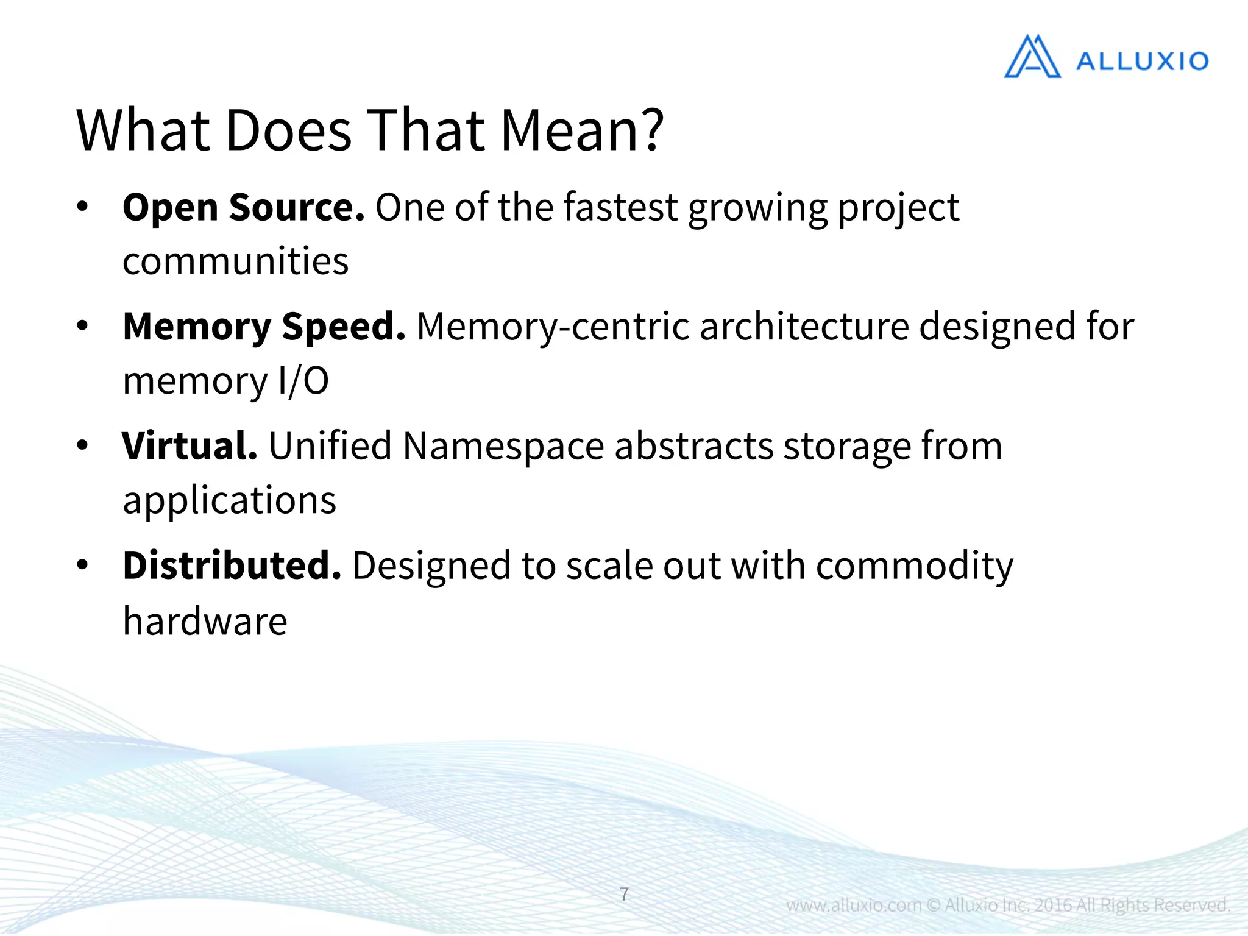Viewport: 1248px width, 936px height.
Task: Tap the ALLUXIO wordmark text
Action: point(1142,61)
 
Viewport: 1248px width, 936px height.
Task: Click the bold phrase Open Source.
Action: point(243,207)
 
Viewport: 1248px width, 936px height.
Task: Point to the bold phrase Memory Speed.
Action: point(264,327)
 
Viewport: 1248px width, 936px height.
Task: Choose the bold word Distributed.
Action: point(232,565)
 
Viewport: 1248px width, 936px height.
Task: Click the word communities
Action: point(235,261)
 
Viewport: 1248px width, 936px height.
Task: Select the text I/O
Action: point(303,381)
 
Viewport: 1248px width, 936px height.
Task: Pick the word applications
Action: point(229,500)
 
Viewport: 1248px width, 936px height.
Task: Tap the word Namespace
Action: point(503,447)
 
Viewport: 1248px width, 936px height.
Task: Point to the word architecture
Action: point(804,327)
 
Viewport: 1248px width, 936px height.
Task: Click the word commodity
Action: point(914,567)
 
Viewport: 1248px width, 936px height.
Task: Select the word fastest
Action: point(620,207)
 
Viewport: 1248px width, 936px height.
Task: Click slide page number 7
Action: point(624,894)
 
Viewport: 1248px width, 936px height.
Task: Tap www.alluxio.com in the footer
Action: point(854,905)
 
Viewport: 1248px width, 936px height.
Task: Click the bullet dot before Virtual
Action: point(83,445)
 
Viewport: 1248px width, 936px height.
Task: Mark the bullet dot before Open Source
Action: point(83,206)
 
